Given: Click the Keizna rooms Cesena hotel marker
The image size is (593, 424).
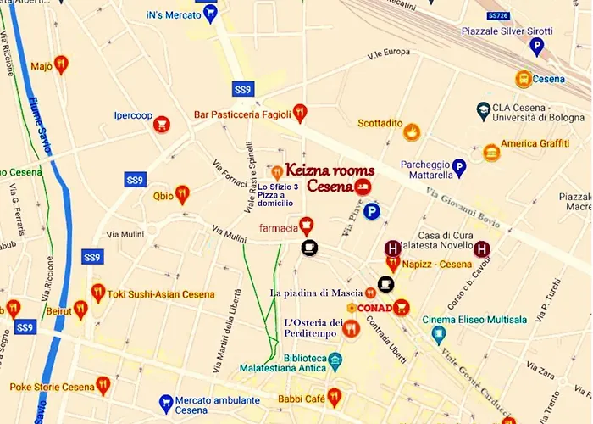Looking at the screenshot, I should (362, 187).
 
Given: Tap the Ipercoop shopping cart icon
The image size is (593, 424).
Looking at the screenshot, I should (161, 125).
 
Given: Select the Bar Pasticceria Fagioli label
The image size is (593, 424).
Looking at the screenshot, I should (241, 114).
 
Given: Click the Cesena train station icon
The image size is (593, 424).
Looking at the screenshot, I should (524, 79).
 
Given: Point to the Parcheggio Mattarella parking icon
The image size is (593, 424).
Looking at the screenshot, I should (459, 167).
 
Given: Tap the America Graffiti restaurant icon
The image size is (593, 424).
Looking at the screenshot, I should (491, 152).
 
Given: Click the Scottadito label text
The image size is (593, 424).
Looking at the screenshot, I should (380, 123).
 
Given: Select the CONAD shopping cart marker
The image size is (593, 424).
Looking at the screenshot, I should (402, 307).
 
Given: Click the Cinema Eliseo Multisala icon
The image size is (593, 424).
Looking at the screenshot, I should (439, 334).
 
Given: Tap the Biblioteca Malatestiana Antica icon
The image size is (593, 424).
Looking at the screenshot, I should (335, 360).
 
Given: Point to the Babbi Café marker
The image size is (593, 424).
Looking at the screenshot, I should (335, 396).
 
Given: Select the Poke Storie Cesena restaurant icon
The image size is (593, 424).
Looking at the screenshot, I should (103, 386).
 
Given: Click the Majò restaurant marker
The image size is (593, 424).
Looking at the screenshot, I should (61, 64).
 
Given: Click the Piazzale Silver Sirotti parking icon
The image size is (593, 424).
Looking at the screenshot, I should (536, 47).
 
